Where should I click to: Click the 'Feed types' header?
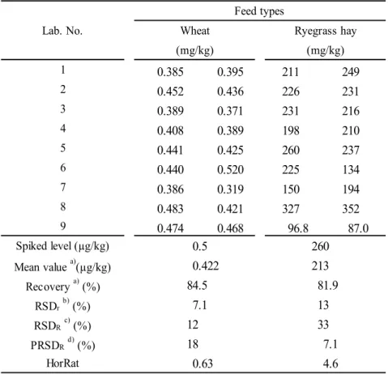click(259, 11)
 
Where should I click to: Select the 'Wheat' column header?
click(194, 31)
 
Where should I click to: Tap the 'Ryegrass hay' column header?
click(326, 32)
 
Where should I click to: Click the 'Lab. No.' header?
click(62, 31)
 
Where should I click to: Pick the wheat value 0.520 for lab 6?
click(230, 170)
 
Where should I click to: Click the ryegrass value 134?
click(351, 170)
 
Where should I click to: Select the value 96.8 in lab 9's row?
click(298, 228)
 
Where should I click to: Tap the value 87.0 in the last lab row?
click(358, 228)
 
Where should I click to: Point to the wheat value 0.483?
click(170, 209)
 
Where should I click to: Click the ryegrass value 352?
click(351, 209)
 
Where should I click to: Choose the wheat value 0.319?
click(230, 189)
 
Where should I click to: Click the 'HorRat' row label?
click(62, 363)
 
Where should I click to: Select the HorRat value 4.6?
click(330, 363)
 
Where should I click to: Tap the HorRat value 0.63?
click(203, 363)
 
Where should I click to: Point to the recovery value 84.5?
click(197, 286)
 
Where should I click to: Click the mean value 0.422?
click(206, 266)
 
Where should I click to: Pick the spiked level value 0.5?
click(200, 246)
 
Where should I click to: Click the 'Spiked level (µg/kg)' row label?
click(62, 246)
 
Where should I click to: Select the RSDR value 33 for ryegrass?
click(323, 325)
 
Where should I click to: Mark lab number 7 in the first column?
click(63, 187)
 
